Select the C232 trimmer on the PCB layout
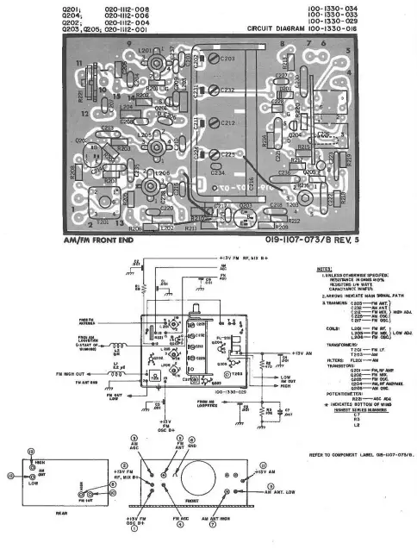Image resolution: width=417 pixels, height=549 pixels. (227, 90)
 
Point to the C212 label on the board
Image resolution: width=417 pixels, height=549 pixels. (227, 123)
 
